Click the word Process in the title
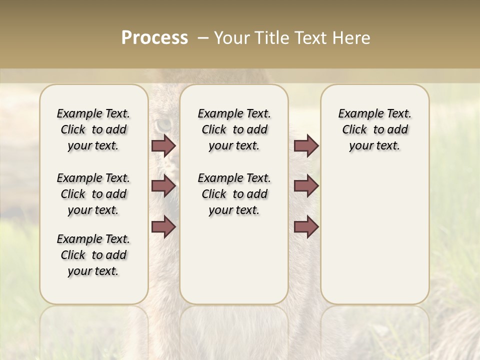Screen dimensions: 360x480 (154, 38)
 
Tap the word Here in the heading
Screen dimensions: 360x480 (352, 38)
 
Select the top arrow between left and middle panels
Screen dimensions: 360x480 (163, 145)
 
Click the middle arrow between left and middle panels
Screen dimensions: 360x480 (163, 186)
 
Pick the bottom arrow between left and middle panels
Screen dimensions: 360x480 (163, 227)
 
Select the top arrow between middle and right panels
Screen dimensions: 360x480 (306, 145)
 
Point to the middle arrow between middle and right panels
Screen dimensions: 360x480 (306, 186)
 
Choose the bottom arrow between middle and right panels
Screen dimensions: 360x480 (306, 227)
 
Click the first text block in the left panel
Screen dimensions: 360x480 (93, 129)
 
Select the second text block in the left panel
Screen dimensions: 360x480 (93, 194)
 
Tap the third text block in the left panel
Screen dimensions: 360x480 (93, 255)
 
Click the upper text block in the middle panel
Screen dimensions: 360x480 (234, 129)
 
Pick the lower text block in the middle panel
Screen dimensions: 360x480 (234, 194)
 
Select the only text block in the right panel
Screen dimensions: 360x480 (374, 129)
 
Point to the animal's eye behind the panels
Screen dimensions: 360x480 (163, 124)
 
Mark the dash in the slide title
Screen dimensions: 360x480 (203, 38)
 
